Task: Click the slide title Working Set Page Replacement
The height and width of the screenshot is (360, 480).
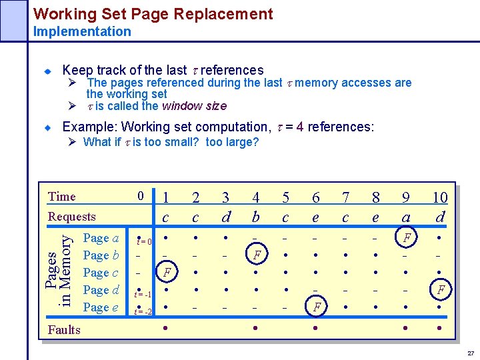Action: coord(153,14)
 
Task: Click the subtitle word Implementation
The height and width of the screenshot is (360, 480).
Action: coord(82,31)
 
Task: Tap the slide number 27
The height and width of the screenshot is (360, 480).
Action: coord(471,353)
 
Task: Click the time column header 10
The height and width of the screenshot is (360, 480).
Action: coord(439,197)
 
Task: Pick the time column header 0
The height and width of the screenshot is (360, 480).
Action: coord(140,196)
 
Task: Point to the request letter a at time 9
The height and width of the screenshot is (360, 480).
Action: coord(405,217)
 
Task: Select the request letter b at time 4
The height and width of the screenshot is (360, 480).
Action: coord(256,217)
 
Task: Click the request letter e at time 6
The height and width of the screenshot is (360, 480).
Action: coord(315,217)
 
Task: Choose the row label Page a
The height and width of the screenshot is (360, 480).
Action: coord(101,238)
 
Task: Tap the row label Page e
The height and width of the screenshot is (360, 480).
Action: coord(101,307)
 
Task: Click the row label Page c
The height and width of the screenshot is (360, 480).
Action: coord(101,273)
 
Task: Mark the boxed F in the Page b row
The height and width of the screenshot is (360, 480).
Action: coord(257,255)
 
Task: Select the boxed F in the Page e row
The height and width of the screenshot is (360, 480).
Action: coord(317,308)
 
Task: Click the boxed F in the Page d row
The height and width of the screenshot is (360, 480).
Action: coord(440,290)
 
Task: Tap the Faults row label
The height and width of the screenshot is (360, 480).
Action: coord(64,329)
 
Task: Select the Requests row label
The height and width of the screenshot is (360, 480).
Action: coord(71,216)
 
